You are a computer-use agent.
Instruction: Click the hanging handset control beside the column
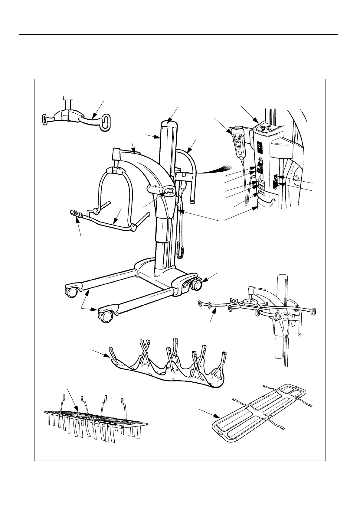(x=239, y=142)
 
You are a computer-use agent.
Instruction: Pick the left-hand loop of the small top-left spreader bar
(x=45, y=118)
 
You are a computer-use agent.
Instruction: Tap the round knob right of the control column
(x=296, y=177)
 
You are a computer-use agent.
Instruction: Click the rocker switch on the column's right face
(x=275, y=184)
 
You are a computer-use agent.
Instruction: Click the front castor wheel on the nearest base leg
(x=106, y=317)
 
